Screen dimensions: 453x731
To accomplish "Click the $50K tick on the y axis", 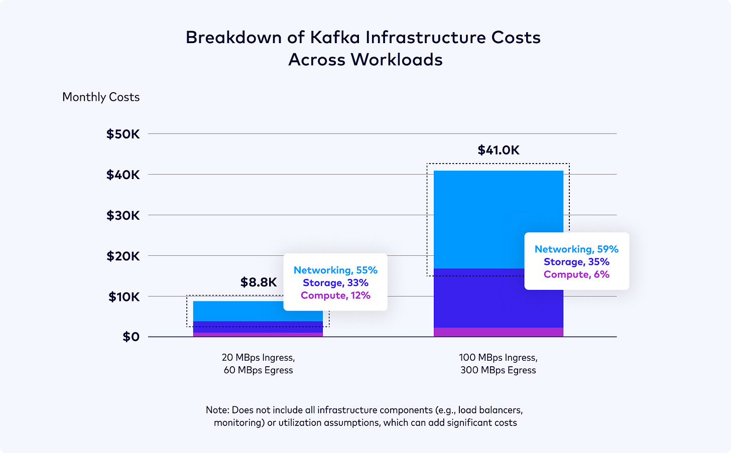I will click(x=123, y=134).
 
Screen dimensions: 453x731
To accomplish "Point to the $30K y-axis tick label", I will click(x=123, y=215).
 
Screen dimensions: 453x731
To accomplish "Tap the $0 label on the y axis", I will click(x=131, y=337).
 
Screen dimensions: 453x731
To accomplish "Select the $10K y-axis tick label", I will click(x=124, y=296).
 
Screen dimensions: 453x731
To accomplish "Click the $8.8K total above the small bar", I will click(x=258, y=282).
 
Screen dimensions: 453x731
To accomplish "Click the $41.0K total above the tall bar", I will click(x=498, y=150).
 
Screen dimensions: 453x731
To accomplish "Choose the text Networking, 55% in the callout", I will click(x=335, y=270).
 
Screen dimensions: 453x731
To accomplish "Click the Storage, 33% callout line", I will click(x=335, y=283).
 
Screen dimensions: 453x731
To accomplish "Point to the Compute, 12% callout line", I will click(x=335, y=295).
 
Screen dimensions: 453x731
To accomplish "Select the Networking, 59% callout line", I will click(x=576, y=249).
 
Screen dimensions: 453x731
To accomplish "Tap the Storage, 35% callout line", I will click(x=576, y=262).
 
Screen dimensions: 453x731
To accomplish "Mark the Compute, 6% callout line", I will click(x=576, y=274).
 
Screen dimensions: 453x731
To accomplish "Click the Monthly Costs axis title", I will click(x=101, y=97).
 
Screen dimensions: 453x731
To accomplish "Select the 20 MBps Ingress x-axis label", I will click(x=258, y=358).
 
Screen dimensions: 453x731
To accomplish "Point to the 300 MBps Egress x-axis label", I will click(x=498, y=370).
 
